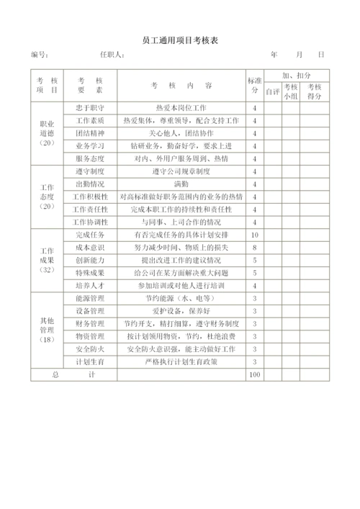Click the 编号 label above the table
pos(40,55)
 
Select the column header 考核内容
pos(181,85)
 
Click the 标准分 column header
pos(254,85)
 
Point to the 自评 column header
pos(271,91)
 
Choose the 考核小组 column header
pos(291,91)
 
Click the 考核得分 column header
pos(315,91)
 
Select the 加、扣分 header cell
pos(296,75)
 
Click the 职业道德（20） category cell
pos(47,133)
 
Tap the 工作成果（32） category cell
pos(47,260)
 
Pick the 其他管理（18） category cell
pos(47,329)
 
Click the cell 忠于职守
pos(90,107)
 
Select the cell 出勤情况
pos(90,184)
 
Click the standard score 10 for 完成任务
pos(254,235)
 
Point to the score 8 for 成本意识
pos(254,248)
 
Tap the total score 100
pos(254,375)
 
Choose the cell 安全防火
pos(90,349)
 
